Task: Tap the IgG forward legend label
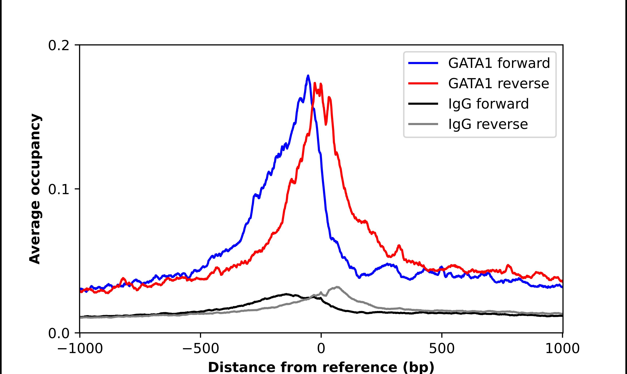click(x=488, y=104)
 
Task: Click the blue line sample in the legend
click(x=423, y=63)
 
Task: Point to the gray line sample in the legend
click(x=423, y=124)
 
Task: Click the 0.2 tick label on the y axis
click(x=59, y=46)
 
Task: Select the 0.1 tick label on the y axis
click(x=59, y=189)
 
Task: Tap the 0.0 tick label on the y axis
click(x=59, y=333)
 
